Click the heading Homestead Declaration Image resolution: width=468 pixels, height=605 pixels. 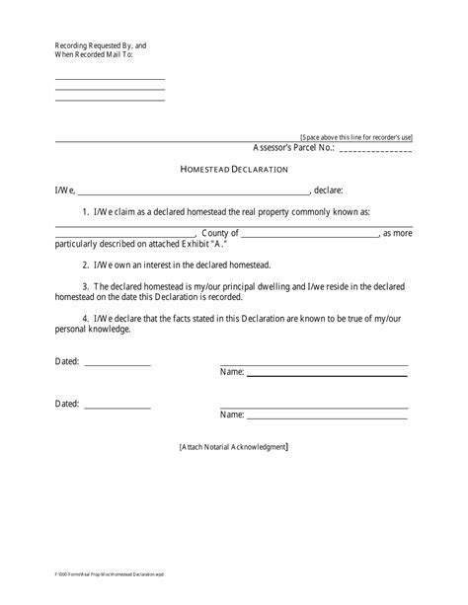coord(233,169)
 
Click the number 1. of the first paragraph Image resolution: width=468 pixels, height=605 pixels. coord(86,212)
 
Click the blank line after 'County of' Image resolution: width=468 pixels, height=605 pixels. coord(310,235)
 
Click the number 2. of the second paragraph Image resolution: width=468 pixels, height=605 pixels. coord(86,265)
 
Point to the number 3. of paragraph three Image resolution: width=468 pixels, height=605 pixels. coord(86,287)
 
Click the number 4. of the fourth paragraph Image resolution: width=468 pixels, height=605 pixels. coord(86,319)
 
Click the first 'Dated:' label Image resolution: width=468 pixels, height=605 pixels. coord(67,362)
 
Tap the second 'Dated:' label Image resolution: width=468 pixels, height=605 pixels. coord(67,404)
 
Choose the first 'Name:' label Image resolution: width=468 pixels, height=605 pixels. coord(231,373)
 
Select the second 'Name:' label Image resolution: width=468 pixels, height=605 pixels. coord(231,415)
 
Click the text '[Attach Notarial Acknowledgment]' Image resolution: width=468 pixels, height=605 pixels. coord(234,447)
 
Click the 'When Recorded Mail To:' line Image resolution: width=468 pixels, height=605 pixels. coord(94,54)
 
